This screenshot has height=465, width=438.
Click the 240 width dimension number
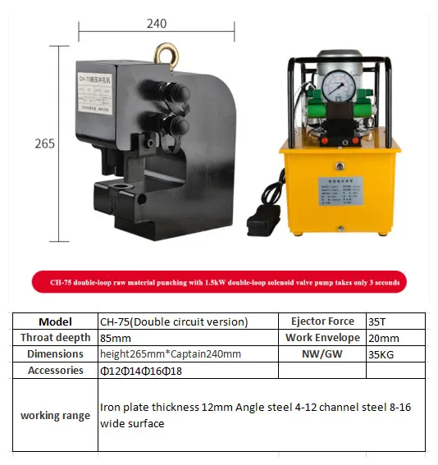(x=156, y=24)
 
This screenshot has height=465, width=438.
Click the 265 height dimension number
(x=44, y=144)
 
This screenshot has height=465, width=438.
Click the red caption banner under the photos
(x=219, y=283)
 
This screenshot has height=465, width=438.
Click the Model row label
(x=56, y=321)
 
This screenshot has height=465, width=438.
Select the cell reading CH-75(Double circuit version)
(x=174, y=321)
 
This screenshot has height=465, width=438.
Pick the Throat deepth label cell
(x=56, y=338)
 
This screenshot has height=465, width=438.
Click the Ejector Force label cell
(x=322, y=321)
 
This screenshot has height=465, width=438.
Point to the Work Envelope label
(x=322, y=338)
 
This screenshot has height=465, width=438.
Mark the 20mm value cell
(x=384, y=338)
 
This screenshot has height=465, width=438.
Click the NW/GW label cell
(x=322, y=354)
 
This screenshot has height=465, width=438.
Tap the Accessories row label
(x=56, y=371)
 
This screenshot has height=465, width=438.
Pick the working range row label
(x=56, y=415)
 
